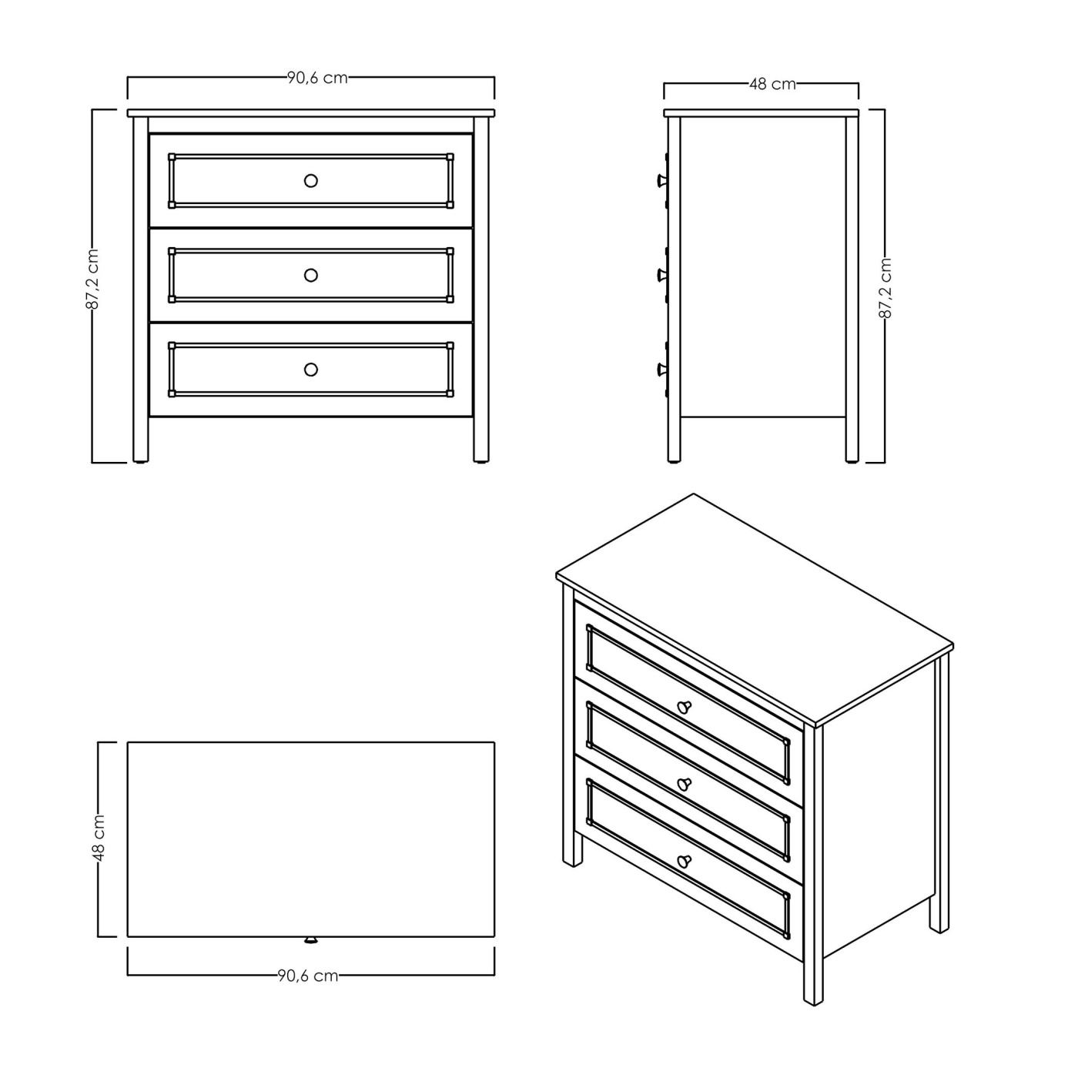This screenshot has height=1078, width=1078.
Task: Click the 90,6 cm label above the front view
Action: (317, 78)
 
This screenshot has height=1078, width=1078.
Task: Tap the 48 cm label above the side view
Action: (772, 84)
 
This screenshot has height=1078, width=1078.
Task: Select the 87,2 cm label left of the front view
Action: (92, 280)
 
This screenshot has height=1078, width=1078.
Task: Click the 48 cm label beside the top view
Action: (99, 838)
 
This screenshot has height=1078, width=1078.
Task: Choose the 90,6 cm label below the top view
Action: (308, 976)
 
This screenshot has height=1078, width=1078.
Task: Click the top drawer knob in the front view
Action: (311, 181)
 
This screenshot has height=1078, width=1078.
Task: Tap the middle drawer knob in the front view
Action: (311, 275)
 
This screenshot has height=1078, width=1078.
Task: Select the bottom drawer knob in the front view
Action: (311, 370)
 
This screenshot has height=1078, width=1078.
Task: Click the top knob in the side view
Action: (660, 181)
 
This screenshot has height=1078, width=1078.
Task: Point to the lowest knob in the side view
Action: (660, 370)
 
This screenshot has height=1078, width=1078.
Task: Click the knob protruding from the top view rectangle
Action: (310, 940)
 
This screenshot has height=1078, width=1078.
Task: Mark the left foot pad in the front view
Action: (140, 462)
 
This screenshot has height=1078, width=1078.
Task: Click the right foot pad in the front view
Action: (480, 462)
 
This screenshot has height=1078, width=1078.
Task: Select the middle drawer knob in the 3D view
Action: (685, 785)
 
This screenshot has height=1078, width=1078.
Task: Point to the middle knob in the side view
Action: (660, 275)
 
